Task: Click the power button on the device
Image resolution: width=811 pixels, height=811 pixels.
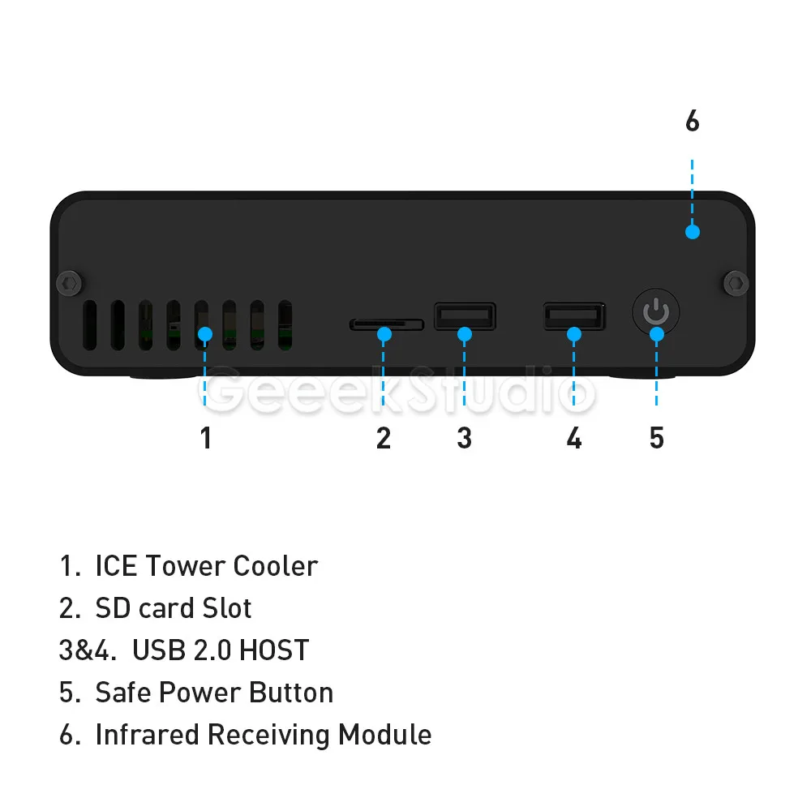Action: coord(656,312)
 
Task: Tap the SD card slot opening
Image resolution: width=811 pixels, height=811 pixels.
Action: coord(387,324)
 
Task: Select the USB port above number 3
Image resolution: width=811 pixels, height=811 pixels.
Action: coord(465,315)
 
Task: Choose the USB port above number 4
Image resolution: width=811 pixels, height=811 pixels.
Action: coord(574,315)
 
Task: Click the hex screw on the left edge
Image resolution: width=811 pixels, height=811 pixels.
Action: coord(71,283)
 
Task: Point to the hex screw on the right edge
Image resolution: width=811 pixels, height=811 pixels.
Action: coord(736,283)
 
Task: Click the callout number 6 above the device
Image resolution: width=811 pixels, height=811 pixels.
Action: coord(692,122)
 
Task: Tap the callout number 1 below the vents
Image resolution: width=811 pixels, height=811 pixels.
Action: coord(206,438)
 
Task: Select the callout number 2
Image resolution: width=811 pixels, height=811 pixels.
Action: coord(384,438)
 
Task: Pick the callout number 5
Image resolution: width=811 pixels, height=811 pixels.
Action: coord(657,438)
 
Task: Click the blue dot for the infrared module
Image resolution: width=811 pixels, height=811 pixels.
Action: coord(692,232)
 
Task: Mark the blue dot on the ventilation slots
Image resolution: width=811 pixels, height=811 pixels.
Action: coord(205,333)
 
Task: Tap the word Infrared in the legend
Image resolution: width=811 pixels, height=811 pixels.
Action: coord(148,735)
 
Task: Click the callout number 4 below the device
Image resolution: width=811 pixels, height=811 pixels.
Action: coord(574,438)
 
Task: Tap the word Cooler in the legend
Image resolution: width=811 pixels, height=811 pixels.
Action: coord(276,566)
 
